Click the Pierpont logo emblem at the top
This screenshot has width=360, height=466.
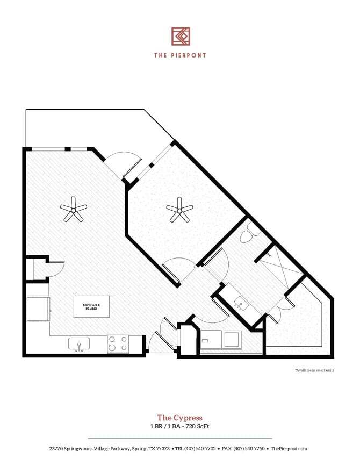click(181, 37)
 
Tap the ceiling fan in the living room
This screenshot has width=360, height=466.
click(73, 210)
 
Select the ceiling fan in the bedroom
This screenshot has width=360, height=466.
click(178, 209)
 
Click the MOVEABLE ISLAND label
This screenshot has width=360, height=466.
click(91, 306)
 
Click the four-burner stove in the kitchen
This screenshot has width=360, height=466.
click(118, 343)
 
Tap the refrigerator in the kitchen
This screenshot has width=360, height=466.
click(38, 310)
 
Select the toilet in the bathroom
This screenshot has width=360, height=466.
click(248, 234)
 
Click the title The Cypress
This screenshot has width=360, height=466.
click(179, 417)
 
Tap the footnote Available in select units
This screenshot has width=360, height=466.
click(314, 370)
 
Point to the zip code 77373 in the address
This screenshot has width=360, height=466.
click(161, 448)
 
